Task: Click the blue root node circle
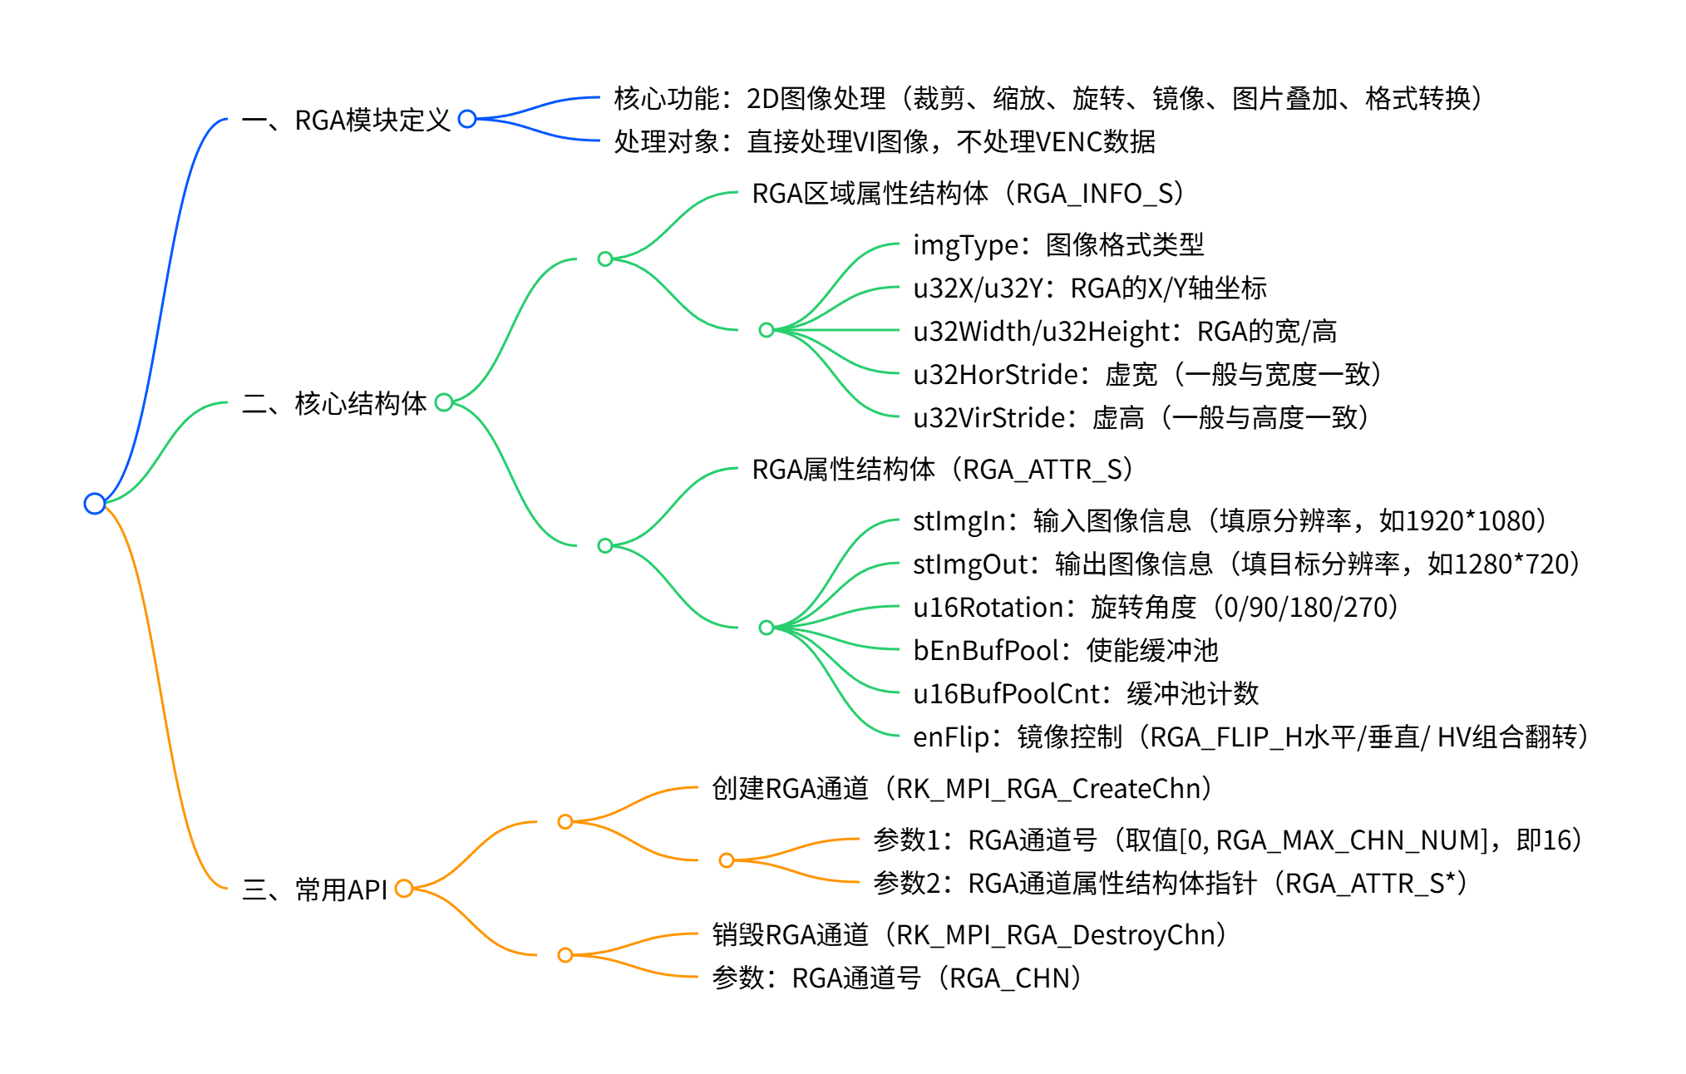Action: pyautogui.click(x=95, y=503)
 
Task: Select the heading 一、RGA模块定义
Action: pyautogui.click(x=346, y=121)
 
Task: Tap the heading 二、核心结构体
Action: pyautogui.click(x=334, y=404)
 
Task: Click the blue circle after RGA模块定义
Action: pyautogui.click(x=467, y=119)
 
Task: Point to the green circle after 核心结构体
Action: pyautogui.click(x=444, y=402)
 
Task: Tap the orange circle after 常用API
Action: pyautogui.click(x=404, y=889)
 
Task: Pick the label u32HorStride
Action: pyautogui.click(x=995, y=375)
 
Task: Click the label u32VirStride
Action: pyautogui.click(x=988, y=418)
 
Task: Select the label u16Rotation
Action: pyautogui.click(x=995, y=608)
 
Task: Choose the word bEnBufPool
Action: pyautogui.click(x=987, y=651)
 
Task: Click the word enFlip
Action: pyautogui.click(x=951, y=737)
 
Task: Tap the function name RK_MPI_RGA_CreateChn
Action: pyautogui.click(x=1048, y=789)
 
